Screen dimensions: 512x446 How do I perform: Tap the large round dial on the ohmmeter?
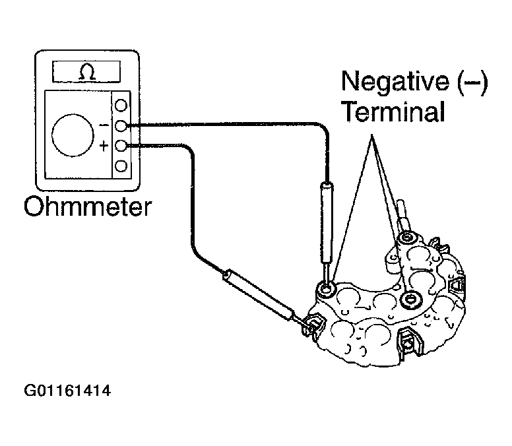pos(73,135)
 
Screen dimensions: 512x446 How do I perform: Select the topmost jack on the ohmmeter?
pos(121,105)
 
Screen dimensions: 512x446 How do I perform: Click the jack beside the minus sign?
pos(121,125)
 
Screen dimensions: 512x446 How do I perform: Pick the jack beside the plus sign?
pos(121,146)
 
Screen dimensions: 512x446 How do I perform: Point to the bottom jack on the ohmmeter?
pos(121,166)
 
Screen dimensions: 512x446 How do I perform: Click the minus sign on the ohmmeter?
pos(104,125)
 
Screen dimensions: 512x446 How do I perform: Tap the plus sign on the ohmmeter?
pos(104,146)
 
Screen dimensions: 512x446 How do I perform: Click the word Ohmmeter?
pos(88,207)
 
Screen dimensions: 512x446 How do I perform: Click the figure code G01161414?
pos(67,391)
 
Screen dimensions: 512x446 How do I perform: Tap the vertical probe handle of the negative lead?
pos(327,223)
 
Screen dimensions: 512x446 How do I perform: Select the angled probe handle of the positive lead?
pos(259,294)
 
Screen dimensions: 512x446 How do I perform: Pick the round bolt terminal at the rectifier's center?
pos(410,299)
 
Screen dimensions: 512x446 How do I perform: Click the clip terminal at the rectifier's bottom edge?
pos(408,342)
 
